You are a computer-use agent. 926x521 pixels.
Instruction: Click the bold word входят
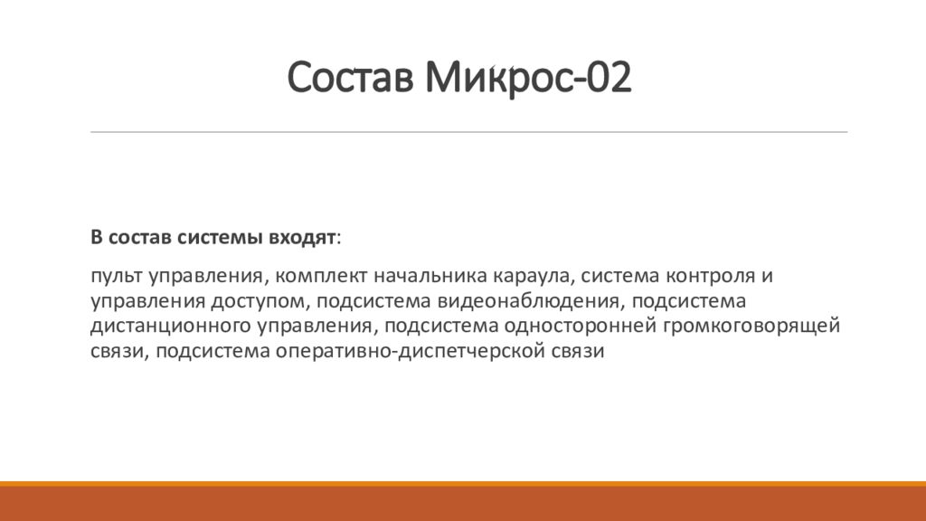pyautogui.click(x=301, y=237)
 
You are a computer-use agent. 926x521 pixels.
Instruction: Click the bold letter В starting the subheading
pyautogui.click(x=96, y=237)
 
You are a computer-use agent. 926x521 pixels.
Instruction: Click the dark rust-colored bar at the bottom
pyautogui.click(x=463, y=504)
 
